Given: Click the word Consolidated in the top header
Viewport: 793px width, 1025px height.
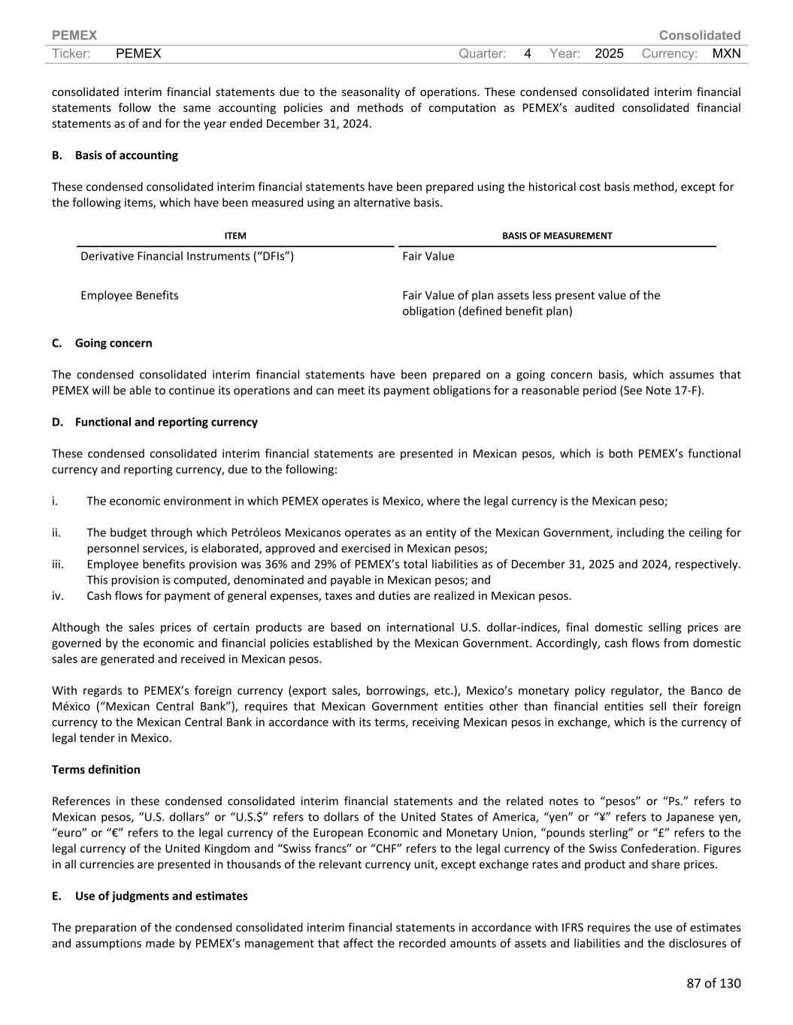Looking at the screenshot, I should click(x=699, y=35).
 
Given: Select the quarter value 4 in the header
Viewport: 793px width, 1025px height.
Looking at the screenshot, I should click(x=528, y=53).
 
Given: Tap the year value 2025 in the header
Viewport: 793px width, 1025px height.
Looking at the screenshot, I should click(x=609, y=53).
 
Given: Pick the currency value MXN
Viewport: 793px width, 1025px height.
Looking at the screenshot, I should click(x=726, y=53).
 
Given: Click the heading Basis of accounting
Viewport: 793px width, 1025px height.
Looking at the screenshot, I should click(x=126, y=155).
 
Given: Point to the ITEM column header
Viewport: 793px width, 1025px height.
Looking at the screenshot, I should click(x=235, y=236).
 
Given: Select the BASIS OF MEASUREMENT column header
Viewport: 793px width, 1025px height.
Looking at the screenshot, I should click(x=557, y=236).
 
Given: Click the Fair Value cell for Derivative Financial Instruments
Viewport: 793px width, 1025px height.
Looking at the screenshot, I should click(x=428, y=256).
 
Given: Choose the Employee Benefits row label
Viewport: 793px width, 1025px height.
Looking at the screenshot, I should click(x=129, y=295).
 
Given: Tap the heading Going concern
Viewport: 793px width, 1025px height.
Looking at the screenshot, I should click(x=114, y=343).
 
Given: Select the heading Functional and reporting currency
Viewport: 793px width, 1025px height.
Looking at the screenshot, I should click(x=166, y=422).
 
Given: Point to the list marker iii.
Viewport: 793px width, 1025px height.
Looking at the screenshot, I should click(x=57, y=564).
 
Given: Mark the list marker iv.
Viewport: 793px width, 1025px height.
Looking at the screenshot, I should click(x=57, y=595).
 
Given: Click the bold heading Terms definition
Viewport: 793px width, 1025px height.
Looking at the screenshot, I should click(x=95, y=770).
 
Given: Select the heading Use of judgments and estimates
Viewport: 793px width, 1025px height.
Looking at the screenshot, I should click(x=161, y=896).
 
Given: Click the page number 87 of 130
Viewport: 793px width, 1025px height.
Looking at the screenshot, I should click(x=713, y=983).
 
